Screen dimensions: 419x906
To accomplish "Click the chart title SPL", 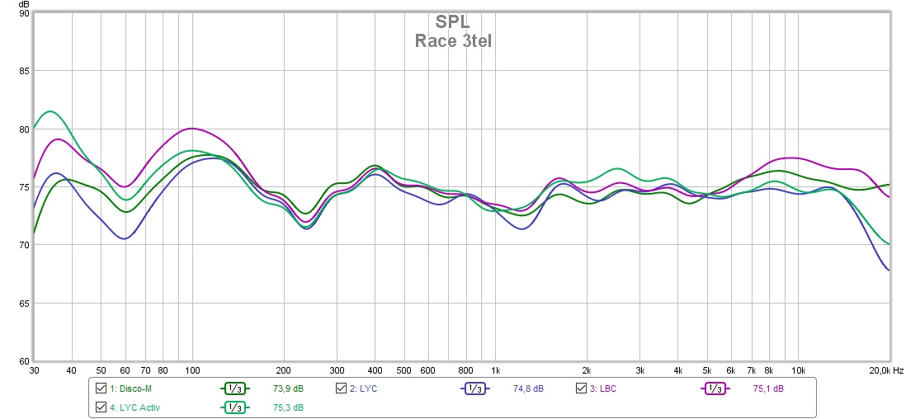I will coord(453,21).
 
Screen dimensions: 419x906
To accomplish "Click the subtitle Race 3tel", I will coord(453,40).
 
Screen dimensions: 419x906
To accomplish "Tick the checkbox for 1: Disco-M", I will coord(101,388).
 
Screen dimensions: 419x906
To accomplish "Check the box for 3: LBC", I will coord(581,388).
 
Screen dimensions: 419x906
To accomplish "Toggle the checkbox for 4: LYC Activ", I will coord(101,407).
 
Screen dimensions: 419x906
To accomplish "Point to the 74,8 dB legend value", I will coord(528,388).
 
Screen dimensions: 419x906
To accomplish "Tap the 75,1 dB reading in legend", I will coord(768,388).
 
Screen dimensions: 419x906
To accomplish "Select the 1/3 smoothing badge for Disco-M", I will coord(234,388).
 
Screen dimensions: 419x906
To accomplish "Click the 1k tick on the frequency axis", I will coord(495,370).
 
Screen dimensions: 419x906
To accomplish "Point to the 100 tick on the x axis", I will coord(192,370).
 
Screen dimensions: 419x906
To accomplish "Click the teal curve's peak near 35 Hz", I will coord(50,111).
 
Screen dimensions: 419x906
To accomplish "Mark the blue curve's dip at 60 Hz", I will coord(125,238).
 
